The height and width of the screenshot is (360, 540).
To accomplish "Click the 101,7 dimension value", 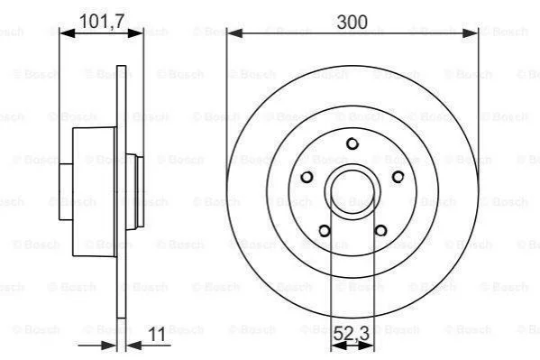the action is [x=102, y=22].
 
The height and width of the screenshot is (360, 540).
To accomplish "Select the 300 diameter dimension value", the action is [x=352, y=22].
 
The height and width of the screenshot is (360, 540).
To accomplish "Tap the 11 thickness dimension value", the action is [x=157, y=334].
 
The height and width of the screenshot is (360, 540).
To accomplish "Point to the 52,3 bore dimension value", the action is [x=352, y=334].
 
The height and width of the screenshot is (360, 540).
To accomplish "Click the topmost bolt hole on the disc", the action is [x=352, y=143].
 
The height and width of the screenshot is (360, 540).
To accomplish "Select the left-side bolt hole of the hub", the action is [x=307, y=177].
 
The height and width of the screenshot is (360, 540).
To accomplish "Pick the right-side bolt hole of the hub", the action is [x=398, y=177].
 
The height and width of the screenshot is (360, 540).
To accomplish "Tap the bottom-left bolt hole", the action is [x=325, y=230].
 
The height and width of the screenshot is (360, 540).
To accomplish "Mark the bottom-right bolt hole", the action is [x=380, y=230].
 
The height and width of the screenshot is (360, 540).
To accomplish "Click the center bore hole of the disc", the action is [x=352, y=191].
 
